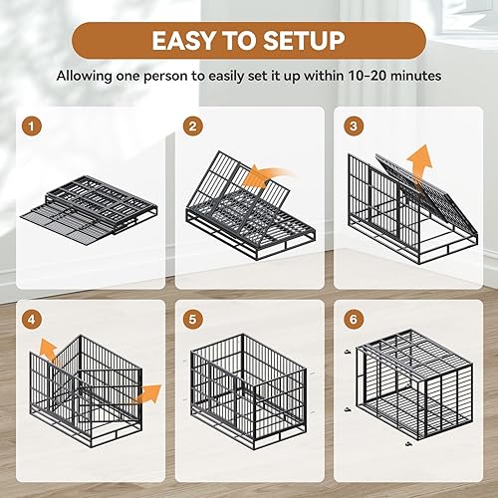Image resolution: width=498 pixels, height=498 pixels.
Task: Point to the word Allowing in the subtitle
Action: point(87,76)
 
